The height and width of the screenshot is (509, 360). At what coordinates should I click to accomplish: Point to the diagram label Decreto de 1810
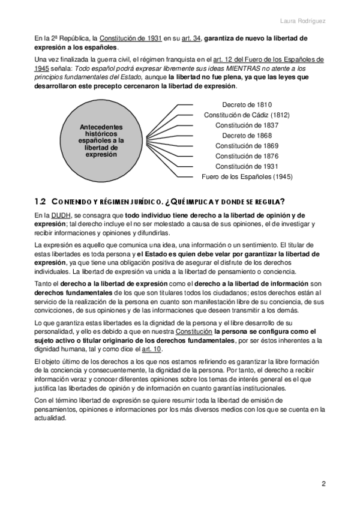[x=247, y=104]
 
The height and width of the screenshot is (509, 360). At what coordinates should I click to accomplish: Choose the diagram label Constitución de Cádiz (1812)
[x=247, y=115]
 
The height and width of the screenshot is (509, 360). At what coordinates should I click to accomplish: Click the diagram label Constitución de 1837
[x=247, y=125]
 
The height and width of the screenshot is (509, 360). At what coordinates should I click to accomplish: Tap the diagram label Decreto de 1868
[x=247, y=135]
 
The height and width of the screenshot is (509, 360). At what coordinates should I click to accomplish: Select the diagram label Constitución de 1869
[x=247, y=145]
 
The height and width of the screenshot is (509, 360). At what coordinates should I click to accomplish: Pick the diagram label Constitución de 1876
[x=247, y=155]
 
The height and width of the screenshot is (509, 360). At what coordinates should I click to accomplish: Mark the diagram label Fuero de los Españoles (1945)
[x=247, y=176]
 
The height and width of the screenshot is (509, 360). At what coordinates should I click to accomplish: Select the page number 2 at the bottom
[x=323, y=483]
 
